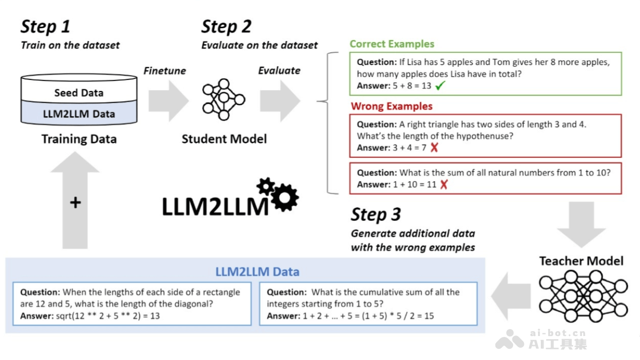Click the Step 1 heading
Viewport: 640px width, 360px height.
tap(45, 27)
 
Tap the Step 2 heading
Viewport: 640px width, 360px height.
tap(226, 27)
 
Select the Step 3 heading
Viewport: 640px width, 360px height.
tap(375, 214)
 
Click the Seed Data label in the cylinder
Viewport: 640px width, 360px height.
tap(78, 93)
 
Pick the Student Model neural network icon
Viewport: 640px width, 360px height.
tap(223, 99)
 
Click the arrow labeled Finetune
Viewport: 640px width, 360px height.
tap(167, 99)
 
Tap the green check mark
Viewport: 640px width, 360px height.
tap(440, 86)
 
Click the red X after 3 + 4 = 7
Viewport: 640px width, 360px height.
tap(434, 148)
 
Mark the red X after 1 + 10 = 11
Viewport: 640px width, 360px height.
tap(443, 185)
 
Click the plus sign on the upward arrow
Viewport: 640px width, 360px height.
tap(75, 203)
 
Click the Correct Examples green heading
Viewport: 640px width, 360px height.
tap(391, 44)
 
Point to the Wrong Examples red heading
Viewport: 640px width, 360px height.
tap(391, 106)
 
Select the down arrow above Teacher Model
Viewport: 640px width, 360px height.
tap(581, 225)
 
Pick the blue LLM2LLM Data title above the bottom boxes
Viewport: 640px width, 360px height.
tap(257, 272)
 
